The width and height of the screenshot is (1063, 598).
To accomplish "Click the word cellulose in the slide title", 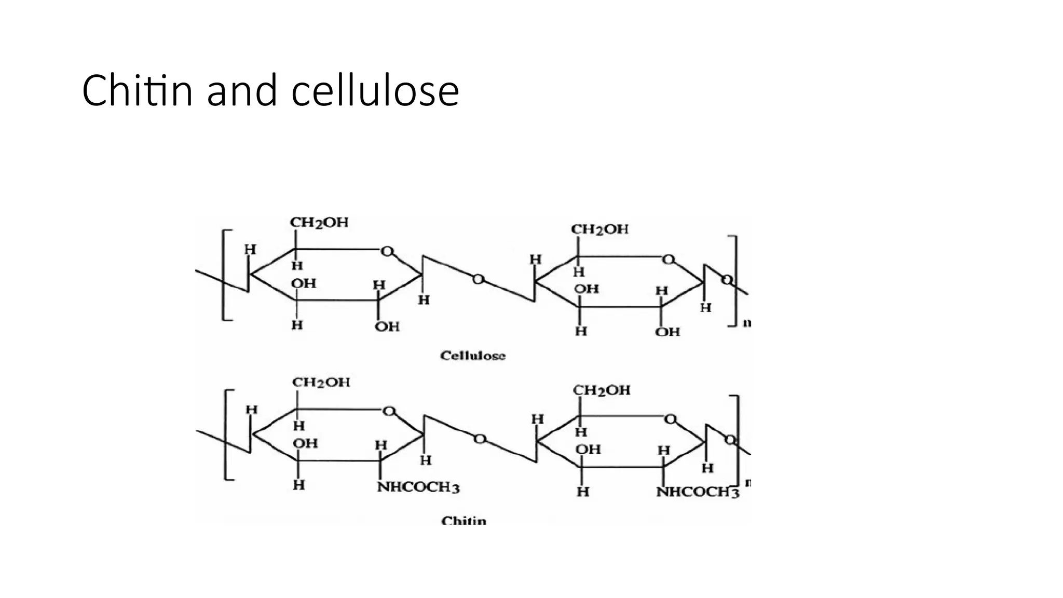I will pos(375,91).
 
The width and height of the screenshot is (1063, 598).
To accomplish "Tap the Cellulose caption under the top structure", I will pos(472,356).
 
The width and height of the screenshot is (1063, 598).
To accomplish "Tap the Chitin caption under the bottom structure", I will pos(464,520).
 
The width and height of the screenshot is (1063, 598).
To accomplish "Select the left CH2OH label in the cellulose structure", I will pos(319,223).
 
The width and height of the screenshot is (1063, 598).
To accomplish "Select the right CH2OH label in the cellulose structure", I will pos(599,229).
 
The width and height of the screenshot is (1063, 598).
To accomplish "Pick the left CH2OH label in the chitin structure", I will pos(321,383).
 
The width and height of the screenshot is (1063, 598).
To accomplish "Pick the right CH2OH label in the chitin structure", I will pos(602,390).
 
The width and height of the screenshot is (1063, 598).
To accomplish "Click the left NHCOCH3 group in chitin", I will pos(418,487).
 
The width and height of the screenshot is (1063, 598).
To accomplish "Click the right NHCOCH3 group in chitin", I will pos(697,492).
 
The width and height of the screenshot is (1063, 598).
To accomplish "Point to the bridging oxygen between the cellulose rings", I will pos(478,280).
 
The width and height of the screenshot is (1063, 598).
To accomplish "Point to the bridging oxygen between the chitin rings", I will pos(480,439).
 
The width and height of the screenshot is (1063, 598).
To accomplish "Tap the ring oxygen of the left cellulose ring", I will pos(387,252).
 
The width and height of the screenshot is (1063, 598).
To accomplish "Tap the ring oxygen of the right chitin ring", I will pos(670,419).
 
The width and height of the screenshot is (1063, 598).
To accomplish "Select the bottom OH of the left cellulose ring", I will pos(387,327).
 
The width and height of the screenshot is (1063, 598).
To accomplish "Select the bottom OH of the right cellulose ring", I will pos(667,332).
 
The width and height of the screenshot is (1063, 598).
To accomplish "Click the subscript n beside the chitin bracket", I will pos(748,483).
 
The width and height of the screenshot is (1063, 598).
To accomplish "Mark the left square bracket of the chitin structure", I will pos(227,434).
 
